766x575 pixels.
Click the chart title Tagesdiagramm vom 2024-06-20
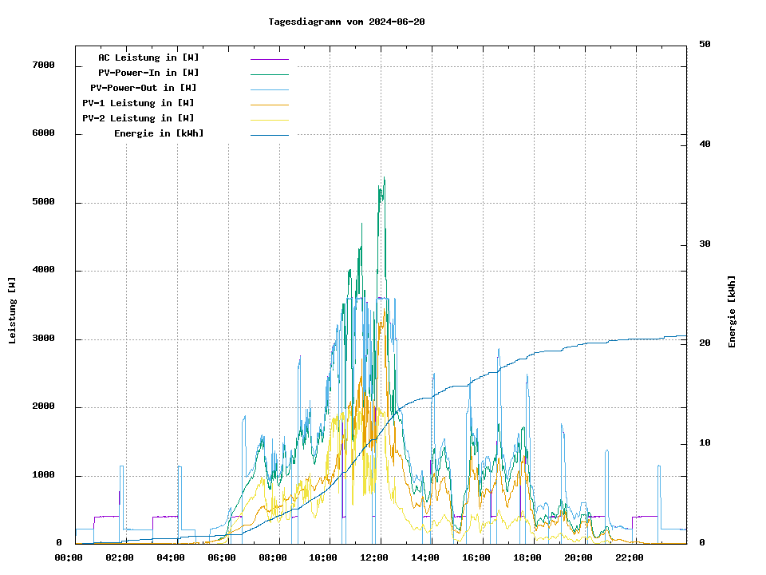click(x=346, y=22)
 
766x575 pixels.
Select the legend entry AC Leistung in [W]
click(x=148, y=57)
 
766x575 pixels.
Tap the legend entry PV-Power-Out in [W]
click(x=144, y=88)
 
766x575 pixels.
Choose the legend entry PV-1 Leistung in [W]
click(x=138, y=103)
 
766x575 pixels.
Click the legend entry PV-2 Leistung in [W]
click(x=138, y=118)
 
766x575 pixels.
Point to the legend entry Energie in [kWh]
click(x=159, y=133)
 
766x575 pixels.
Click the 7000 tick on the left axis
click(x=43, y=65)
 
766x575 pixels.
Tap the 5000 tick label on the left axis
click(x=43, y=202)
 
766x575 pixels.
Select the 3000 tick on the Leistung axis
click(x=43, y=339)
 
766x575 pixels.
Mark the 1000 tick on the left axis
click(x=43, y=476)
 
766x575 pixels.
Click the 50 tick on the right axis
click(x=705, y=45)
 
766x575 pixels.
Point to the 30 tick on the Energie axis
click(x=705, y=244)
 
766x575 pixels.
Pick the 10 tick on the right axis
click(x=705, y=443)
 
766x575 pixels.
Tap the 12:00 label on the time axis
click(x=374, y=557)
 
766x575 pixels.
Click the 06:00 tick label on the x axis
click(x=222, y=557)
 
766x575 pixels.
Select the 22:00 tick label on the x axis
click(x=630, y=557)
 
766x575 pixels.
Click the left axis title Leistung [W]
click(x=13, y=310)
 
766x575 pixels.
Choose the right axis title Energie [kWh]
click(x=732, y=311)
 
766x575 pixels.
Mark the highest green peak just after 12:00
click(x=385, y=178)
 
